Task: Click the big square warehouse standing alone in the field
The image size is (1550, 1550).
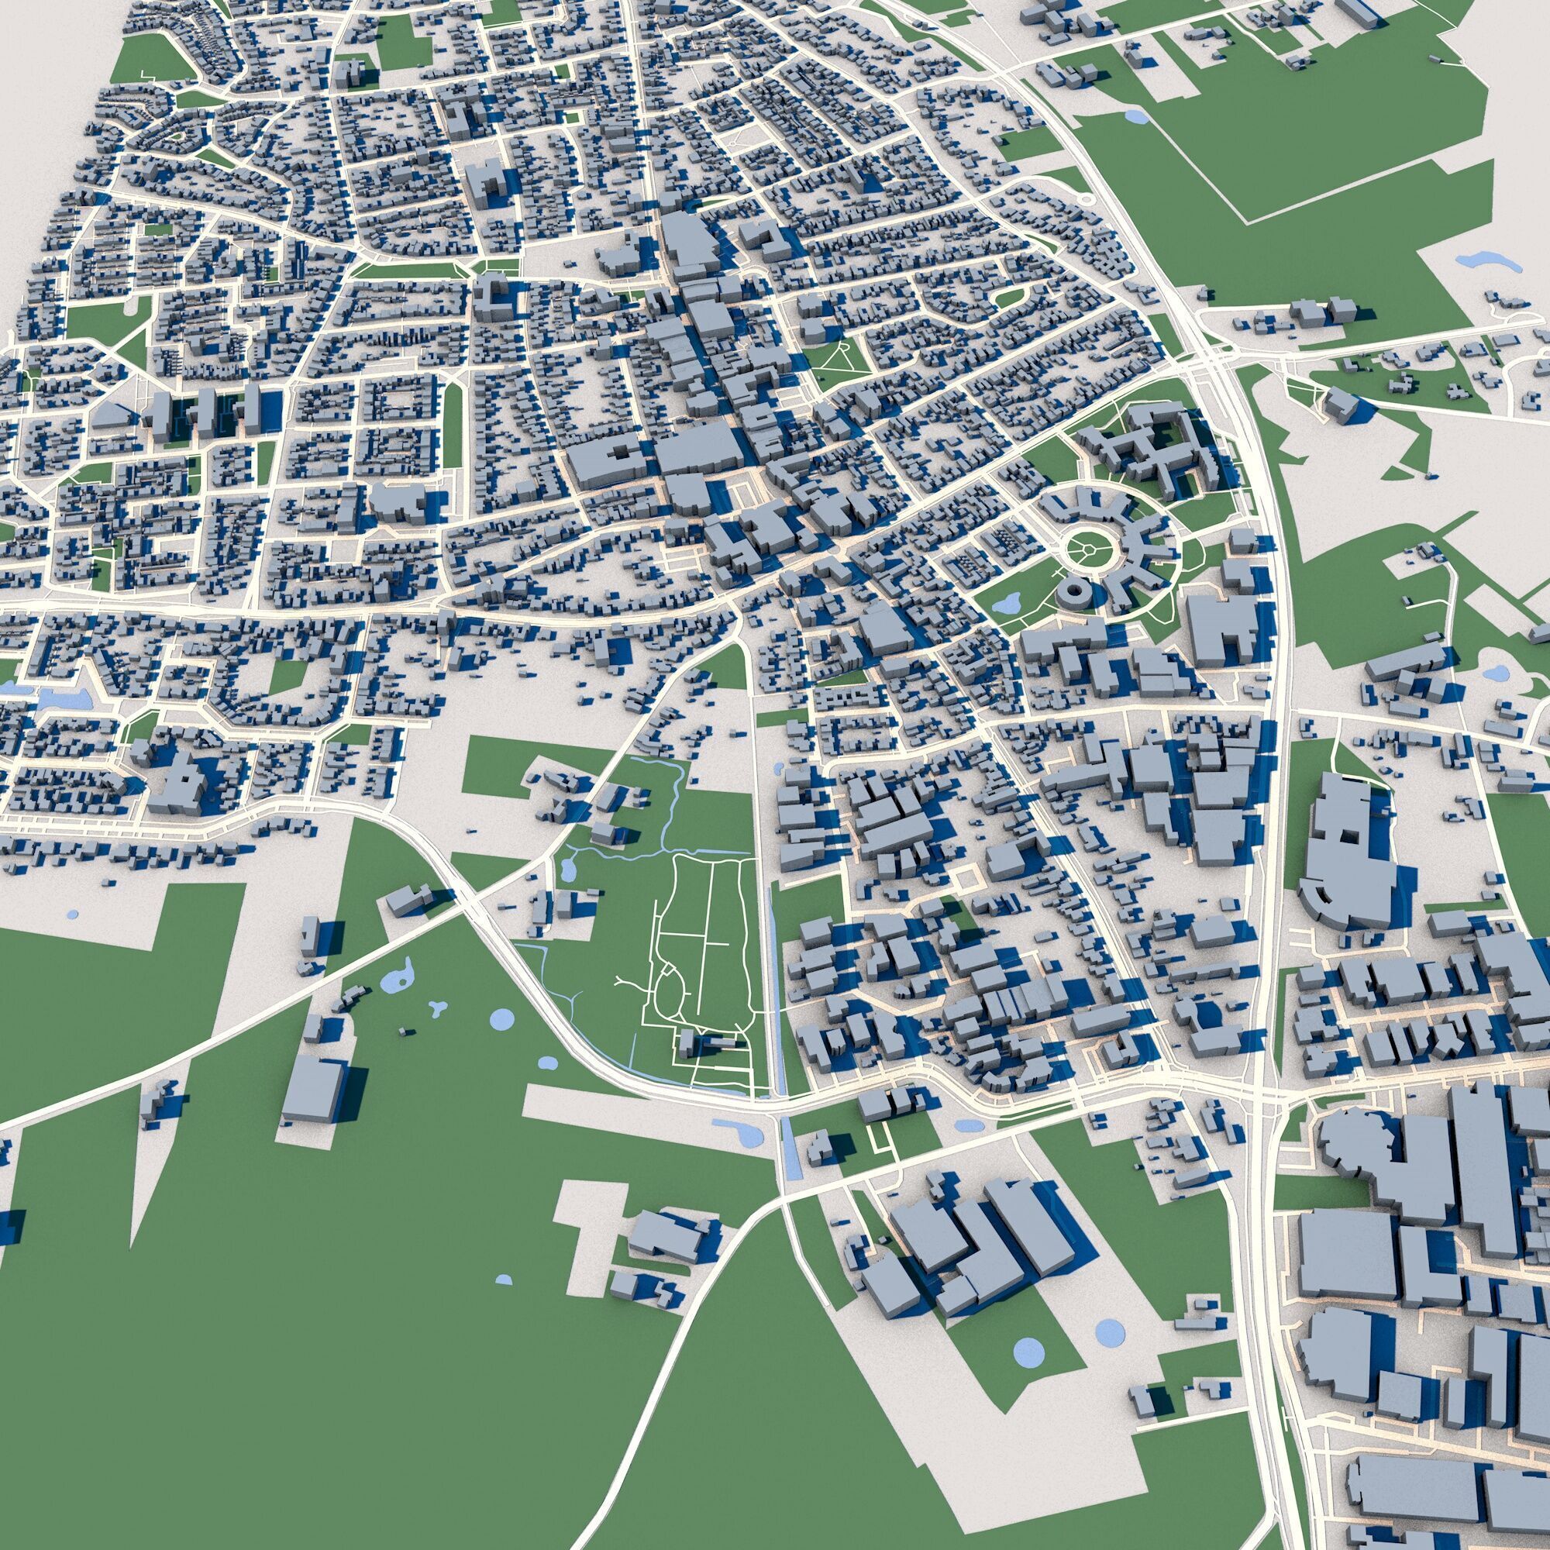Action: (314, 1089)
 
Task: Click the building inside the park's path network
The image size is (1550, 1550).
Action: (688, 1044)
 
